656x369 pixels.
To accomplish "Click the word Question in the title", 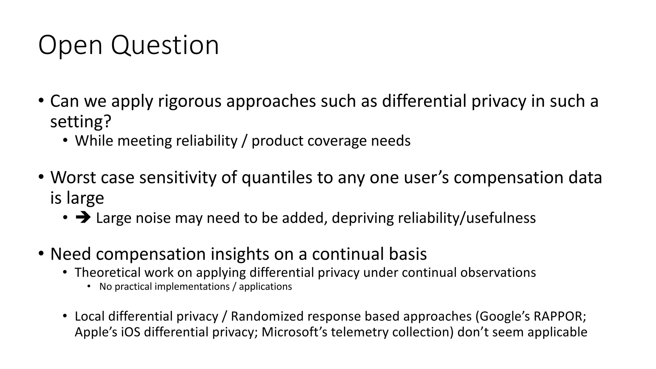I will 165,45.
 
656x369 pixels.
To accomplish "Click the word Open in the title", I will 70,45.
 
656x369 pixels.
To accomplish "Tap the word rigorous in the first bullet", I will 190,101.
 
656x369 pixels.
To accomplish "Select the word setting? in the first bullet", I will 81,122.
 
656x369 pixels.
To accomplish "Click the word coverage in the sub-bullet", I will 337,141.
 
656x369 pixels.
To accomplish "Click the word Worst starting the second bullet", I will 73,178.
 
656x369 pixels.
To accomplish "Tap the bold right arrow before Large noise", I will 83,218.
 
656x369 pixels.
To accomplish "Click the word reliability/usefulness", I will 467,218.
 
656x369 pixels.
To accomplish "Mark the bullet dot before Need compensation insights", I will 41,254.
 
